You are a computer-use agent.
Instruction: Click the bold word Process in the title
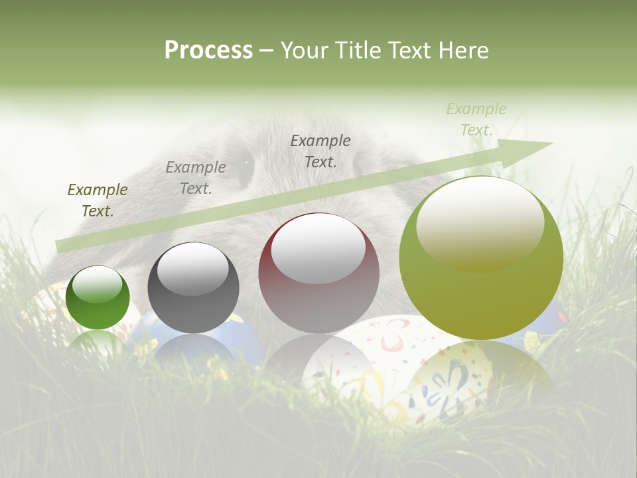(208, 50)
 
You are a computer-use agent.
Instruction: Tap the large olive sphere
(480, 292)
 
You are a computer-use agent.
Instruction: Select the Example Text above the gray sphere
(196, 178)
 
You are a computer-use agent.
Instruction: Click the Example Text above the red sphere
(320, 151)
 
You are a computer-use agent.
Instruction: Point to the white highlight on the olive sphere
(480, 222)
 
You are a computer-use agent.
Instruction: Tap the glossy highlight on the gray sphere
(192, 268)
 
